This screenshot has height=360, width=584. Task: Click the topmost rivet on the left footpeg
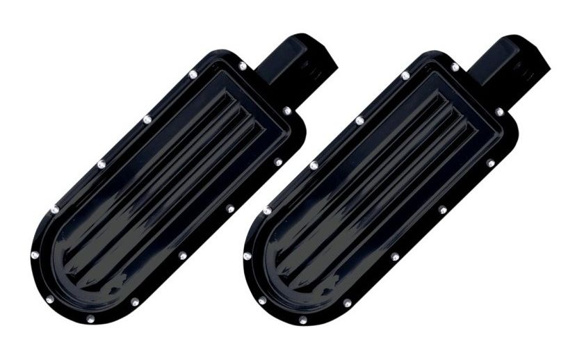(x=242, y=66)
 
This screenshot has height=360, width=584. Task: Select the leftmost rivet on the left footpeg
(x=35, y=255)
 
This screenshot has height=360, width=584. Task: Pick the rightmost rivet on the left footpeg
(x=286, y=111)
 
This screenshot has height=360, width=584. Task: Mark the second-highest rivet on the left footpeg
(x=193, y=73)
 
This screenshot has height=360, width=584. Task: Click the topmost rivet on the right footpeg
(x=454, y=67)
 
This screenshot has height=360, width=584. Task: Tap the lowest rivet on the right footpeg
(x=303, y=320)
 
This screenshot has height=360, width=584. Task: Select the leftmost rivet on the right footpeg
(x=248, y=256)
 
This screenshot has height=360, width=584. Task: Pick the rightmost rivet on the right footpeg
(x=498, y=111)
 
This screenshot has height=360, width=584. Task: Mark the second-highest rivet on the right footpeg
(x=405, y=74)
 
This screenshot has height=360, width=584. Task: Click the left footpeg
(x=160, y=188)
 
